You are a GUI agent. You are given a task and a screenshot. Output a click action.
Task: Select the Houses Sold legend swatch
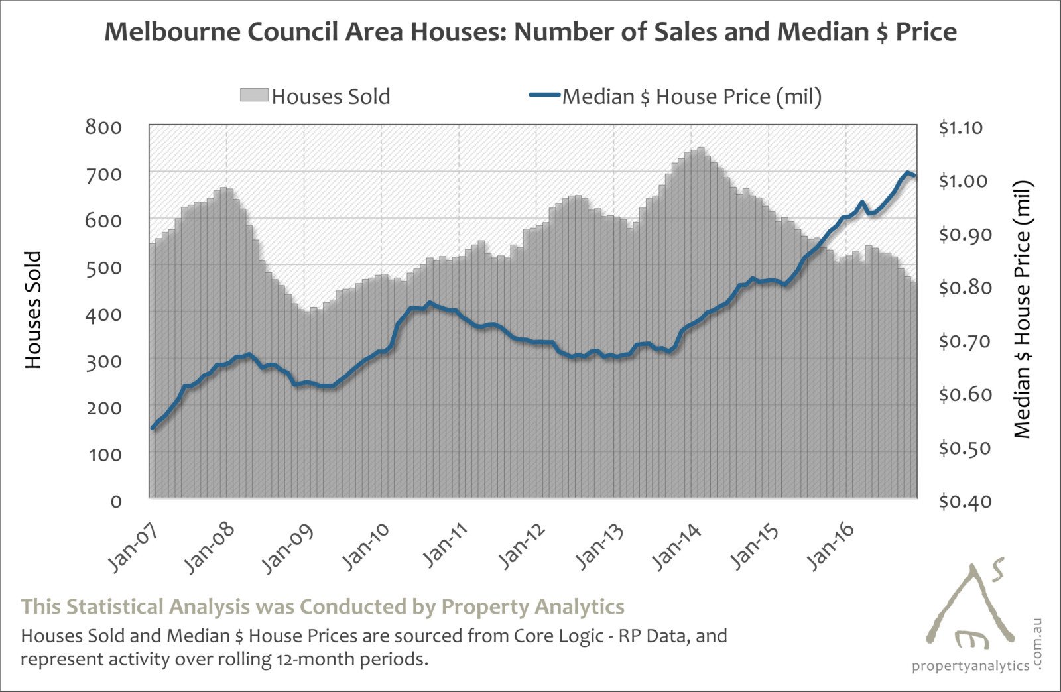tap(254, 95)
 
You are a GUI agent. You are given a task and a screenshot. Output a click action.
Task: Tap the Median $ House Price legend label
tap(692, 97)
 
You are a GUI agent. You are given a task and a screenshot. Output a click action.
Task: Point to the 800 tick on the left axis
tap(103, 126)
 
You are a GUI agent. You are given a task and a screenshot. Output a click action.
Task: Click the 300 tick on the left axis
tap(103, 361)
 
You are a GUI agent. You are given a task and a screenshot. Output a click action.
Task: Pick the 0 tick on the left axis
tap(116, 501)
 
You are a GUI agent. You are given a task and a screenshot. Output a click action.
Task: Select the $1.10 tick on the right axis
tap(960, 127)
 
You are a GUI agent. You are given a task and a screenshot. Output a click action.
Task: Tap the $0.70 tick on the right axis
tap(960, 341)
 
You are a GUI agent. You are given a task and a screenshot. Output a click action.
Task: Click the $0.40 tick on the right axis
tap(960, 502)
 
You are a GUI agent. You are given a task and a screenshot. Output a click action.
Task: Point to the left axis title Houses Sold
tap(33, 310)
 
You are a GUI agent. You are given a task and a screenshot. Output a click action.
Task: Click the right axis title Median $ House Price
tap(1023, 310)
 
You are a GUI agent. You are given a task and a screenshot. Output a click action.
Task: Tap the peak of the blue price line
tap(906, 173)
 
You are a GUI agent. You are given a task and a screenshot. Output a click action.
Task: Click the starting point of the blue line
tap(153, 428)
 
